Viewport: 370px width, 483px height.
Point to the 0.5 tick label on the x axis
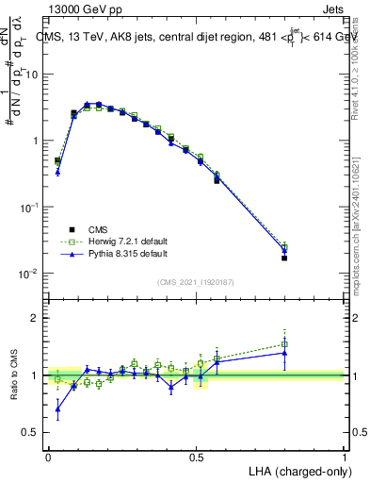195,456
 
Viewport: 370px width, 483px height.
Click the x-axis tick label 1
344,456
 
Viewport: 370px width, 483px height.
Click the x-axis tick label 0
48,456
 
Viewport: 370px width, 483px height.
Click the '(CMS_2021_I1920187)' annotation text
196,281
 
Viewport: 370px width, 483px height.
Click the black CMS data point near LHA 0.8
284,258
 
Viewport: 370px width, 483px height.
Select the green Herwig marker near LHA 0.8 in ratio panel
284,344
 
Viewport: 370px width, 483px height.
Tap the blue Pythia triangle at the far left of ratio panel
57,408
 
